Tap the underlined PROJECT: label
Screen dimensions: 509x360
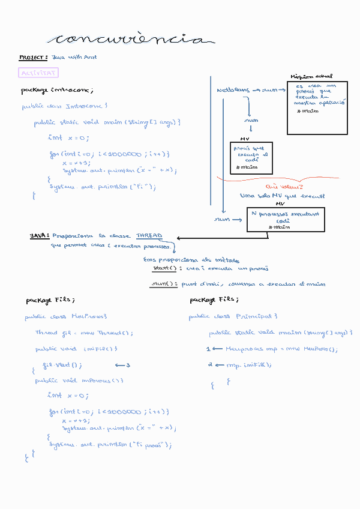(x=34, y=58)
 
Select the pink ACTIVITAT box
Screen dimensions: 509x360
(x=39, y=73)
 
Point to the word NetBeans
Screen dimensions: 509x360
(x=233, y=90)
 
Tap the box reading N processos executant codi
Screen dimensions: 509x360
(x=286, y=219)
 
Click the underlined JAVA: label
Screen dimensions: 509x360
(x=40, y=236)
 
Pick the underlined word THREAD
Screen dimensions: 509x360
(x=149, y=236)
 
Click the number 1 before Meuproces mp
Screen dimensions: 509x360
(x=208, y=349)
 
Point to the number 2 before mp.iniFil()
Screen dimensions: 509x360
(x=211, y=364)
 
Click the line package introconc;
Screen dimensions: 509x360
(x=57, y=90)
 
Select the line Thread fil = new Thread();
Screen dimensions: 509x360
(x=84, y=333)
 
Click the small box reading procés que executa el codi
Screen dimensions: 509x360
(x=251, y=157)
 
